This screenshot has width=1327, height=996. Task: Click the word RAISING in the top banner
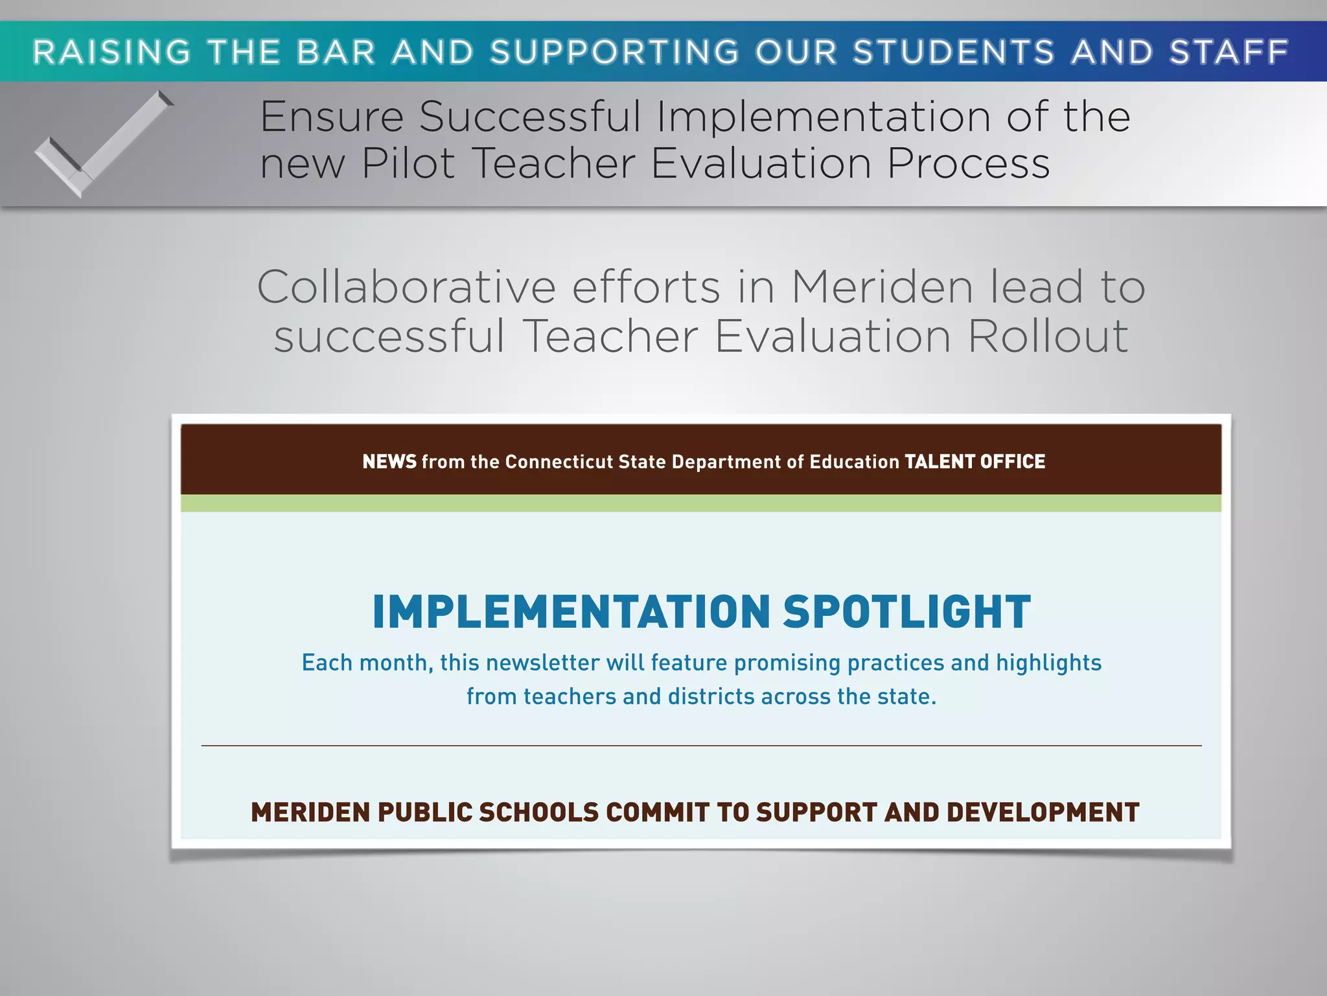coord(111,53)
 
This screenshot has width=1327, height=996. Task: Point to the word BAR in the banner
coord(336,53)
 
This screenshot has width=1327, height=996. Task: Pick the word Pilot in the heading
coord(408,163)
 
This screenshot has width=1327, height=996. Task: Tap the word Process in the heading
coord(968,163)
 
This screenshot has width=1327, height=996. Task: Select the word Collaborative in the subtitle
coord(406,287)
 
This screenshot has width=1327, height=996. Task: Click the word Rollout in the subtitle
coord(1048,336)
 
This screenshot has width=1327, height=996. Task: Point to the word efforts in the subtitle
coord(646,287)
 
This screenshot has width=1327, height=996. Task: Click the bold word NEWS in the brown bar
coord(389,462)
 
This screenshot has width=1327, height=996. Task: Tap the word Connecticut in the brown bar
coord(558,462)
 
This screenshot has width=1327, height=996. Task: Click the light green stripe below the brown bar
coord(701,503)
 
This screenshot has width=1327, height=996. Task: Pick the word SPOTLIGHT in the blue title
coord(906,612)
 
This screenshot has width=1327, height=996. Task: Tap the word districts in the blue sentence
coord(711,696)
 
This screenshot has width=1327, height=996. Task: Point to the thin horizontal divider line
coord(701,746)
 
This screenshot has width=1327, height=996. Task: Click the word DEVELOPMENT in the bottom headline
coord(1043,812)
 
